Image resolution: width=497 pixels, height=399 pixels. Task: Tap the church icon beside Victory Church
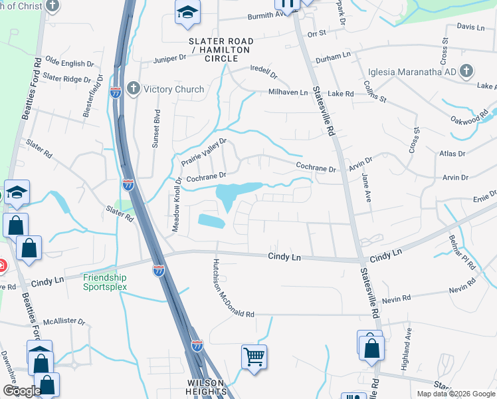coord(134,89)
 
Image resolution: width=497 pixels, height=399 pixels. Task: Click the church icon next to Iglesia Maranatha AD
coord(467,70)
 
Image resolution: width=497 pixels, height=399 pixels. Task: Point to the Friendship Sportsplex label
coord(104,282)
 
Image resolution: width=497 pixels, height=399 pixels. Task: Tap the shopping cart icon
coord(254,357)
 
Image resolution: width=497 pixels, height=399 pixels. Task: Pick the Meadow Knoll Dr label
coord(177,205)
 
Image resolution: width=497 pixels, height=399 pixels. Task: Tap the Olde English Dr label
coord(64,63)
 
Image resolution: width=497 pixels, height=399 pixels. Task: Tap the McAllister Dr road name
coord(64,322)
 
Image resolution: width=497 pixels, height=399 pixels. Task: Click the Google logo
coord(22,391)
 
